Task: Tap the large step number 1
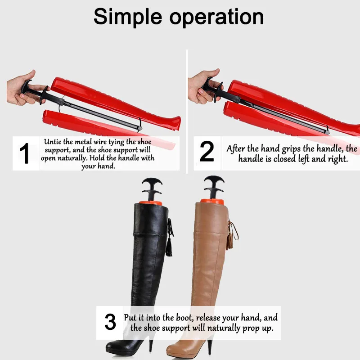(25, 153)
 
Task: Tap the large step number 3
(110, 322)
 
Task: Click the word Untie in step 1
(53, 142)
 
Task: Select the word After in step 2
(237, 149)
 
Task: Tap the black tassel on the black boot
(169, 245)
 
